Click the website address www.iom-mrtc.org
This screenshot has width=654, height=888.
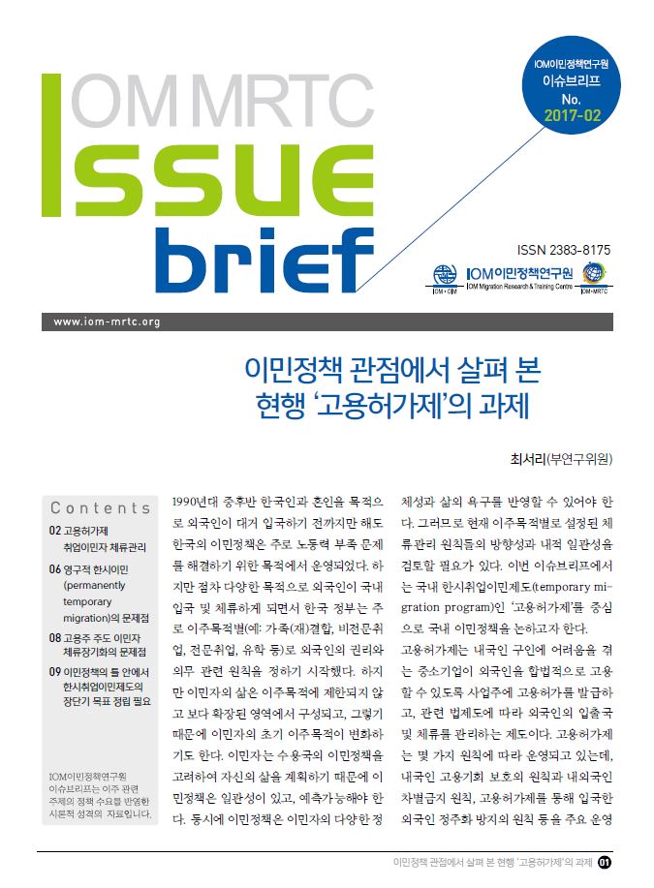107,322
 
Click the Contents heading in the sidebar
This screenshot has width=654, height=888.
101,507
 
